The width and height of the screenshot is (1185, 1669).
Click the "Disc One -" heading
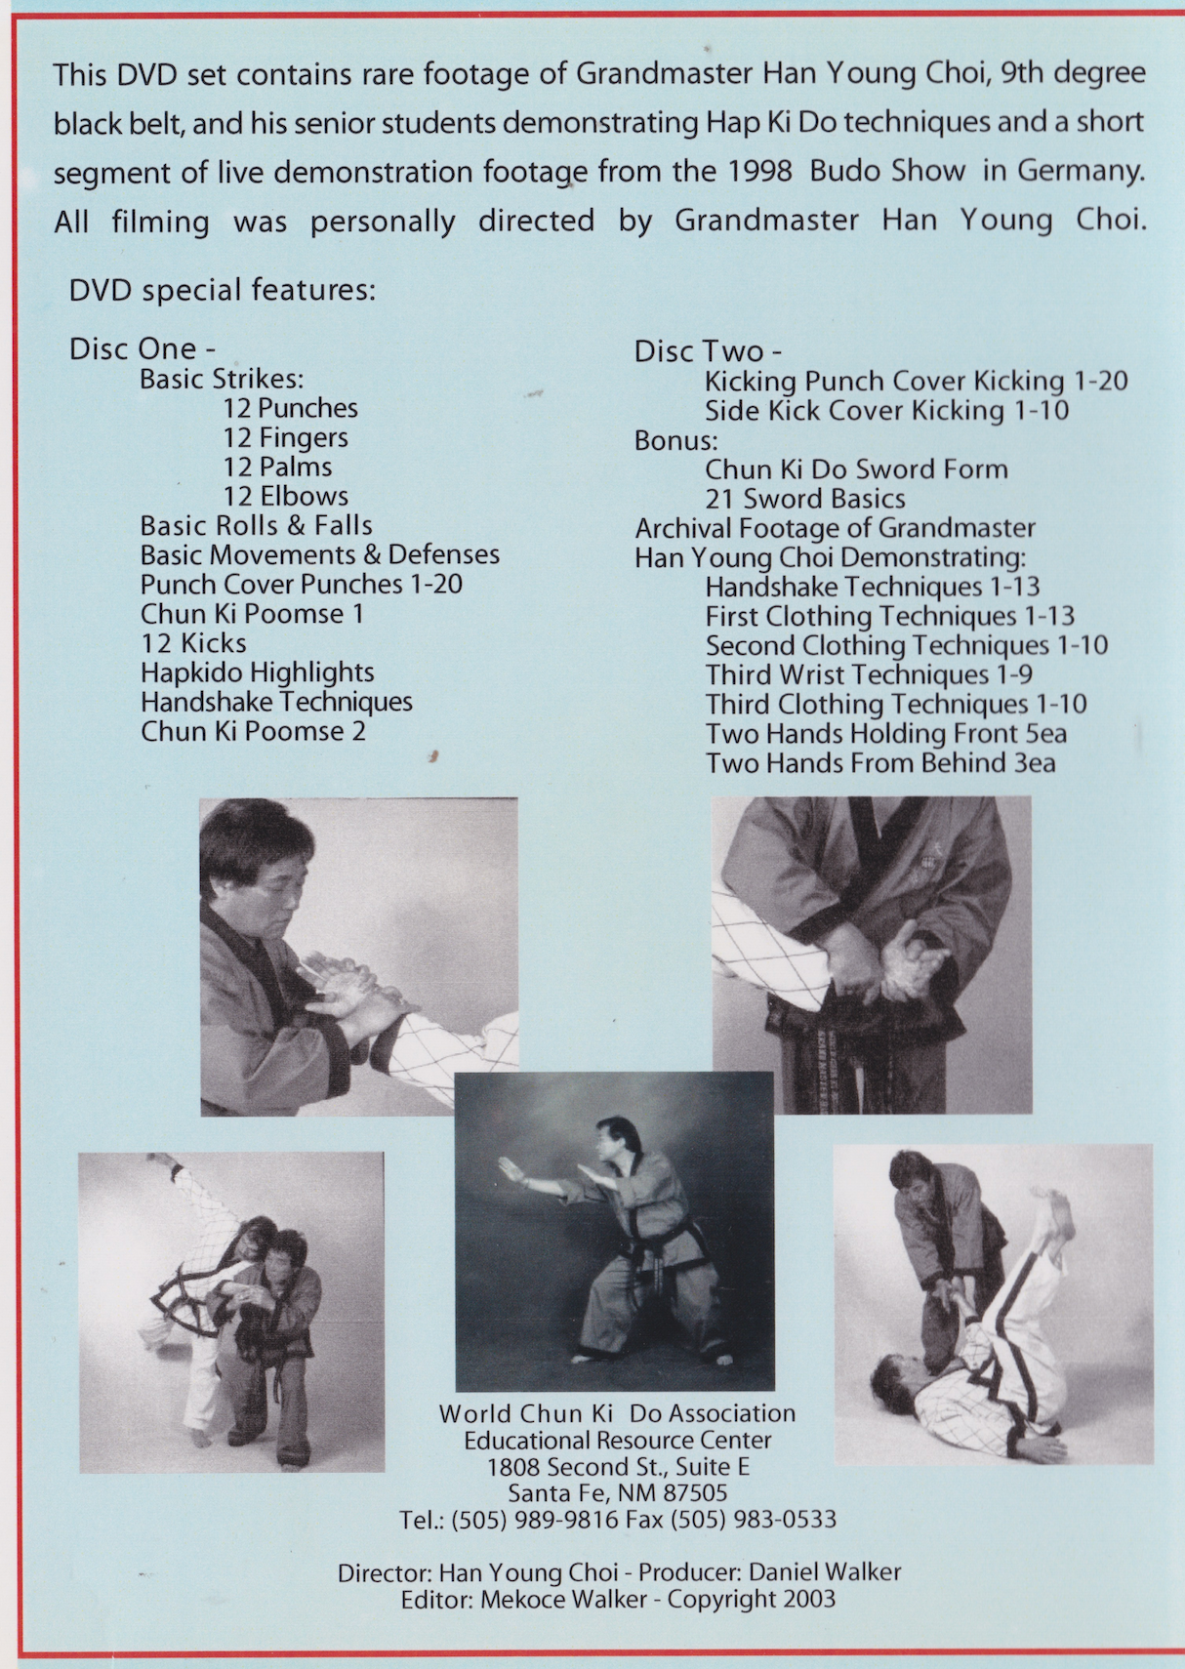click(x=142, y=348)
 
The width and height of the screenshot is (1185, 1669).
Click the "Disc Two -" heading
click(x=708, y=351)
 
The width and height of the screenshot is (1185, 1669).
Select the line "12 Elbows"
click(x=285, y=496)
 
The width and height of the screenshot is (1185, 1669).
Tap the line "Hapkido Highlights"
click(x=257, y=672)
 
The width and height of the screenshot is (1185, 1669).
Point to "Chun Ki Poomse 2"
click(x=253, y=731)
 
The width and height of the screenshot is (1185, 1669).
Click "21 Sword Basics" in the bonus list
click(x=804, y=499)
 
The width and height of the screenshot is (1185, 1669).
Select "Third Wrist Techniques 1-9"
click(x=868, y=674)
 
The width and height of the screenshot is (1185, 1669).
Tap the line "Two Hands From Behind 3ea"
click(x=879, y=762)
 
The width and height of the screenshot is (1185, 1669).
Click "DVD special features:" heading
click(x=222, y=290)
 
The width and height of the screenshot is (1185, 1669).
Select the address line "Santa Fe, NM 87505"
click(x=617, y=1493)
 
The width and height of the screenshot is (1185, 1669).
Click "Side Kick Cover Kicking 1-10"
click(x=886, y=411)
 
